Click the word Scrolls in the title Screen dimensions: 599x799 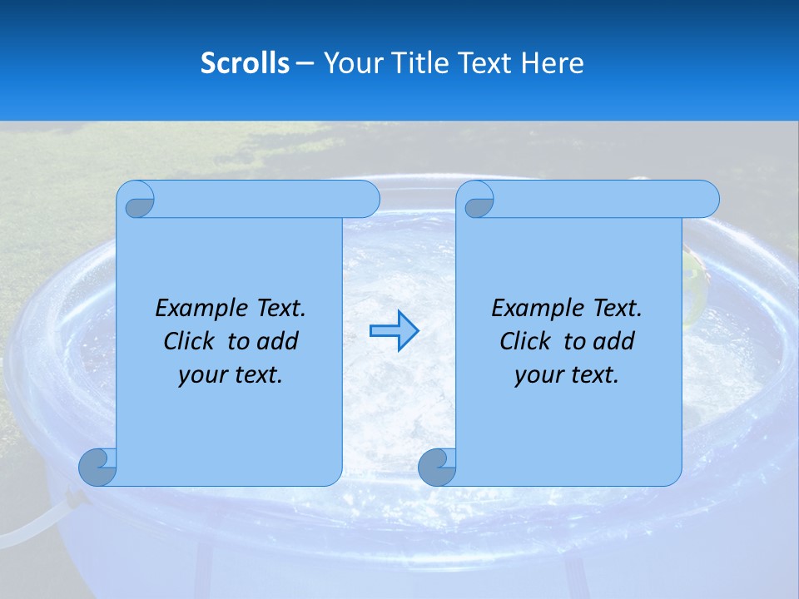(x=246, y=63)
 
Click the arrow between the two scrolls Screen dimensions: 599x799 (x=394, y=331)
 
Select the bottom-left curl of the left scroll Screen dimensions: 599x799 (x=97, y=467)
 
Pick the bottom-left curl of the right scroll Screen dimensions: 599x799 (x=437, y=467)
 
